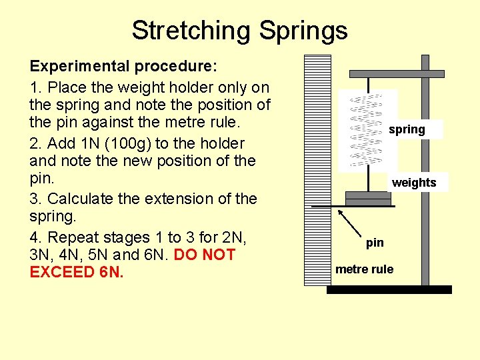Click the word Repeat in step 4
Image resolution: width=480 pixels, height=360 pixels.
(x=71, y=237)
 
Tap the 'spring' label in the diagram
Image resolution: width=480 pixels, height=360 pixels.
(x=407, y=129)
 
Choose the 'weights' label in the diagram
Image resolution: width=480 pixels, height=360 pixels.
(x=414, y=183)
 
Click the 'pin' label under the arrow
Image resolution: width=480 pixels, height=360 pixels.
(x=375, y=243)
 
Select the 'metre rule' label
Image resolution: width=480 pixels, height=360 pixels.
(x=364, y=269)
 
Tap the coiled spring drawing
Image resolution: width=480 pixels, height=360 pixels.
(x=367, y=130)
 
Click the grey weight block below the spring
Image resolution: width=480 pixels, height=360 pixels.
(x=367, y=198)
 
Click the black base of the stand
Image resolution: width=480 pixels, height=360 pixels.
(x=390, y=289)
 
